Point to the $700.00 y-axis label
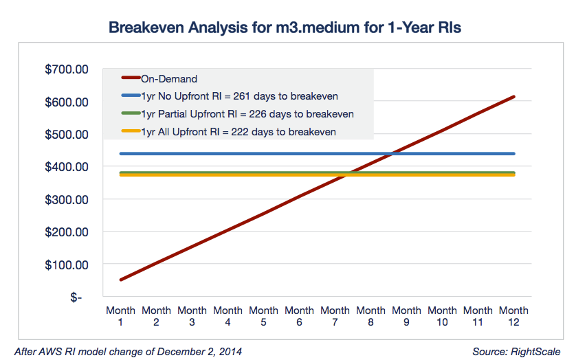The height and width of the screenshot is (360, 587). point(67,69)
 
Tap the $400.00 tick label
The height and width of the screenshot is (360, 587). point(67,167)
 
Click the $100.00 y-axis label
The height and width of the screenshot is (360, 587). point(67,265)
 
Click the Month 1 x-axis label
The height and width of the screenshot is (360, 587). point(120,316)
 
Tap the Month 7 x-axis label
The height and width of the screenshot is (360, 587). point(335,316)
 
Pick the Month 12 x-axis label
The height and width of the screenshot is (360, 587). point(513,316)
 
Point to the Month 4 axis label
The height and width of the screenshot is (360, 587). point(228,316)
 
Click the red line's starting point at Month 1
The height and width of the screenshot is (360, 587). point(121,280)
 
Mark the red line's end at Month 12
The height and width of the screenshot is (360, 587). point(513,97)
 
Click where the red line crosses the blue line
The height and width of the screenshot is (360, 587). point(390,154)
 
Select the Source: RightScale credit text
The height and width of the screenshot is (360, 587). point(516,352)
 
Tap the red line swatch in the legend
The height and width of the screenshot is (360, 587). point(131,79)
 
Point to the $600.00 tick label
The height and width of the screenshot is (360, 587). point(67,102)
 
